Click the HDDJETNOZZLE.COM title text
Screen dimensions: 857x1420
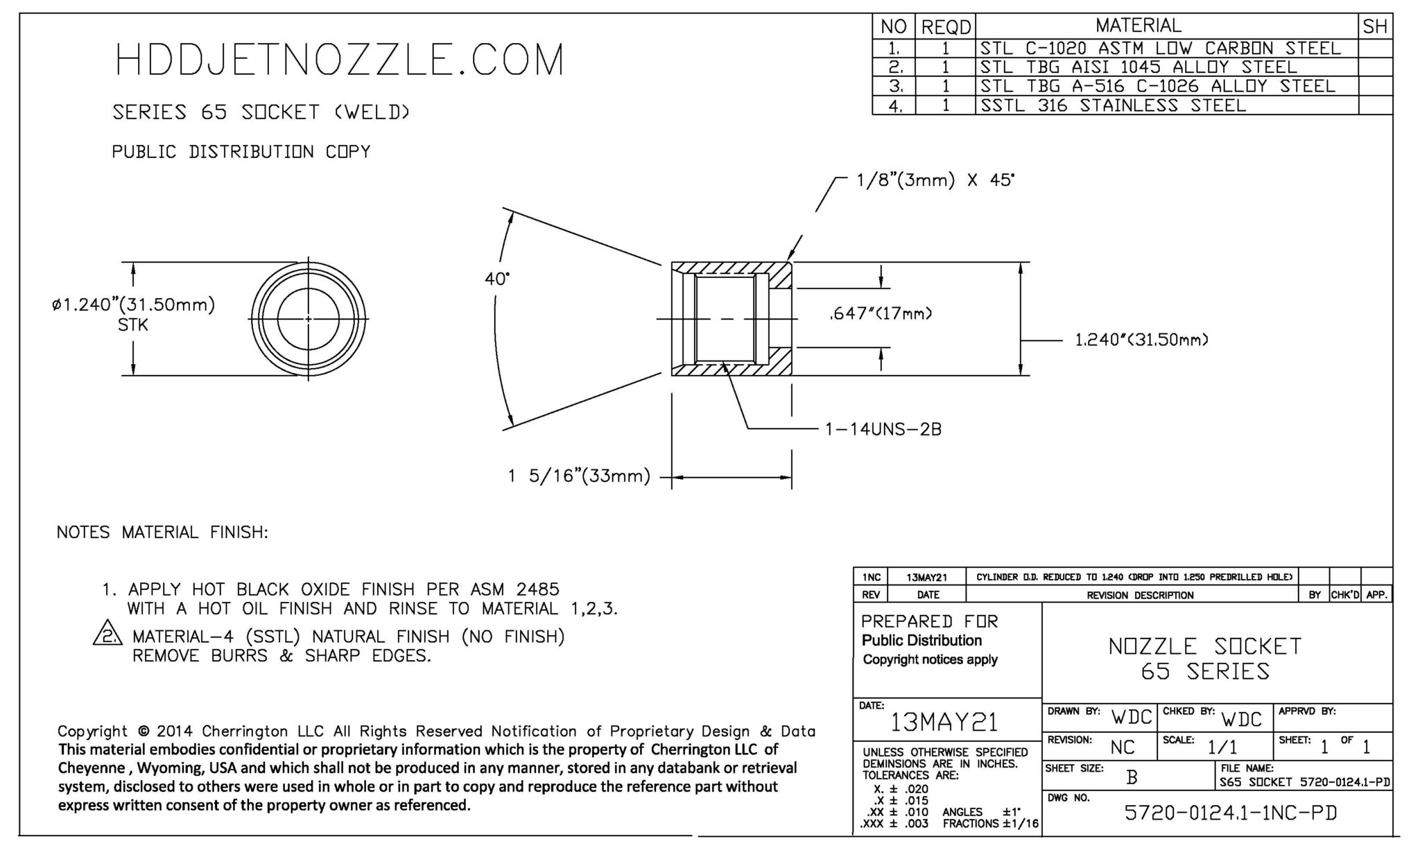click(x=340, y=60)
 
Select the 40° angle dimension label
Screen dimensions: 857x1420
click(x=496, y=279)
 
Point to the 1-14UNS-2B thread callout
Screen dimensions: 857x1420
click(x=883, y=430)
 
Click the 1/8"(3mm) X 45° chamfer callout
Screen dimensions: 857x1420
click(x=936, y=181)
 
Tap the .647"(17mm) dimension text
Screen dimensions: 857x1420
click(x=881, y=314)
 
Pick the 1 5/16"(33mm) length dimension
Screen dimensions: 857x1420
click(x=579, y=477)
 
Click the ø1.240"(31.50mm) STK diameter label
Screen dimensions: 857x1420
click(x=133, y=313)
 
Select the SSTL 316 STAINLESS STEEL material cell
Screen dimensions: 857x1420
click(x=1113, y=105)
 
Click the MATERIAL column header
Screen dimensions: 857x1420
click(x=1138, y=26)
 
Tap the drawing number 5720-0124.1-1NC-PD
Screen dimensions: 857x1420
click(x=1230, y=813)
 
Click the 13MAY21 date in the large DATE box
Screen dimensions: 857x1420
click(x=944, y=722)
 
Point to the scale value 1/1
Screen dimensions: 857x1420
click(x=1222, y=747)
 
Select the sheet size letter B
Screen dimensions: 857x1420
click(x=1132, y=778)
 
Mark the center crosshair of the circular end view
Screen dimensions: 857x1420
click(x=309, y=319)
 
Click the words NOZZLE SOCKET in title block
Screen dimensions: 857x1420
click(x=1205, y=646)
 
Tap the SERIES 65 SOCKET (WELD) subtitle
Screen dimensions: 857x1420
click(x=261, y=112)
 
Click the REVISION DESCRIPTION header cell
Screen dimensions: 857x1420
click(x=1140, y=595)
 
